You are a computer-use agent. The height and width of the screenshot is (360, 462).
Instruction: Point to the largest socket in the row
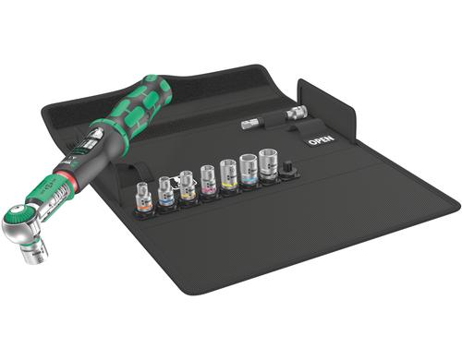point(269,165)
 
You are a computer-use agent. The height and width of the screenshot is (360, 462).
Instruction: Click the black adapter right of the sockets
point(287,170)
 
